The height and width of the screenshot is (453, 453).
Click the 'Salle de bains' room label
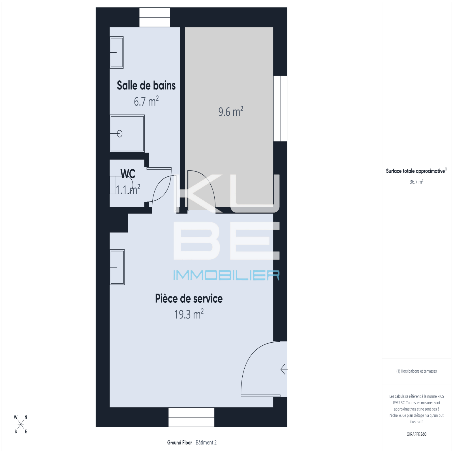tap(146, 86)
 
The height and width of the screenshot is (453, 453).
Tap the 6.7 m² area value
tap(146, 101)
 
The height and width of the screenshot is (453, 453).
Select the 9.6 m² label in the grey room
tap(231, 112)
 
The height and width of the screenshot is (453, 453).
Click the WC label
tap(128, 174)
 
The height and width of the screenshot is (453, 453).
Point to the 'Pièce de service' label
tap(189, 298)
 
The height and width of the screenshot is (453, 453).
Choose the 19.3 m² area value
tap(189, 314)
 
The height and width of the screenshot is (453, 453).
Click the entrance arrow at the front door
tap(284, 369)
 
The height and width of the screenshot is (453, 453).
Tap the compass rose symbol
tap(21, 424)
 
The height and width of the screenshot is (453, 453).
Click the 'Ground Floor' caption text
tap(180, 443)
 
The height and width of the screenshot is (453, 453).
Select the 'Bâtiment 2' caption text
tap(206, 443)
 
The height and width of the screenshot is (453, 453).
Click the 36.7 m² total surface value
tap(416, 182)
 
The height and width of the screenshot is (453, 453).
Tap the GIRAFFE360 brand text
tap(416, 434)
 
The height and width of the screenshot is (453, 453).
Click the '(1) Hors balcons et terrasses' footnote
tap(416, 371)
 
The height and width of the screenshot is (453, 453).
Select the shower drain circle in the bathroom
tap(120, 134)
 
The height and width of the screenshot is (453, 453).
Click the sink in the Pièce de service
tap(117, 267)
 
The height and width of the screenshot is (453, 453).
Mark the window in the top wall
tap(155, 17)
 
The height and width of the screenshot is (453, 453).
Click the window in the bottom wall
tap(191, 417)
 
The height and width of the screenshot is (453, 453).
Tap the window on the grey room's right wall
tap(280, 108)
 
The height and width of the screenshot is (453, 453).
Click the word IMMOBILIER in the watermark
tap(226, 275)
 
